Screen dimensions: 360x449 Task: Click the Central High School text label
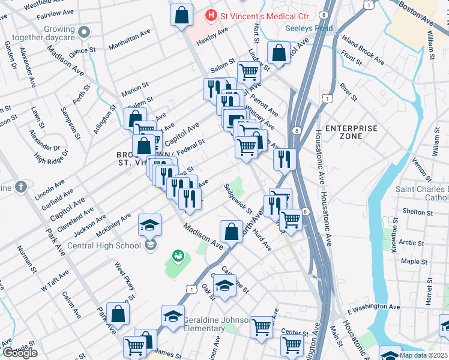coord(104,245)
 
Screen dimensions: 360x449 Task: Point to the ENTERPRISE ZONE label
coord(352,132)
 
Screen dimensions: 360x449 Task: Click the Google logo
coord(19,353)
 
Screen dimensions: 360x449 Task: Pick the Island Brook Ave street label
coord(363,50)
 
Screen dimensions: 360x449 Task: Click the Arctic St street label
coord(412,243)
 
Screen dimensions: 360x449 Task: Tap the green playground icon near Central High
coord(178,257)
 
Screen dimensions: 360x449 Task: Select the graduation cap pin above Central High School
coord(150,226)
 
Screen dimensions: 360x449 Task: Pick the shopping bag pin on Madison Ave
coord(231,231)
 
